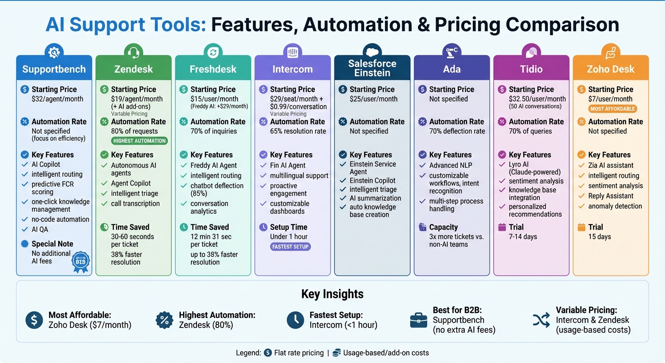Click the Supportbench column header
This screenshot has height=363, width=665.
click(54, 69)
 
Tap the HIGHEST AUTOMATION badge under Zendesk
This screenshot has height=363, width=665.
click(139, 141)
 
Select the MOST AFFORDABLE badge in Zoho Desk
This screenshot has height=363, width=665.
click(612, 109)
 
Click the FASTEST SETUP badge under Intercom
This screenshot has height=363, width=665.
click(290, 247)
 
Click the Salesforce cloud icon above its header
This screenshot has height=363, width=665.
click(372, 51)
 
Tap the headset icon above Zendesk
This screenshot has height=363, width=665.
click(133, 52)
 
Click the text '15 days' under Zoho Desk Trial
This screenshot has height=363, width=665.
click(599, 237)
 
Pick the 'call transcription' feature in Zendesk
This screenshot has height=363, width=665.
click(135, 204)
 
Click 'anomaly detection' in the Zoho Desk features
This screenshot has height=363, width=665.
click(615, 206)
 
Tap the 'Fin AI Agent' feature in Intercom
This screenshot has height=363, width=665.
click(288, 165)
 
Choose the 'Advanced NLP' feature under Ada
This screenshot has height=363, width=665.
click(450, 165)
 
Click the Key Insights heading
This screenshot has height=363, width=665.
click(332, 294)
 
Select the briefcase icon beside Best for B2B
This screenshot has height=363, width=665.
click(418, 320)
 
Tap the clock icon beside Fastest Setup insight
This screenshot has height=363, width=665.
click(295, 320)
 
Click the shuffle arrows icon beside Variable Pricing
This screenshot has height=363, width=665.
click(541, 320)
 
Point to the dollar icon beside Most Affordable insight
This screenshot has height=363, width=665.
click(34, 320)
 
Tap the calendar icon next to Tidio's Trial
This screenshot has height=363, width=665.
click(502, 227)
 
